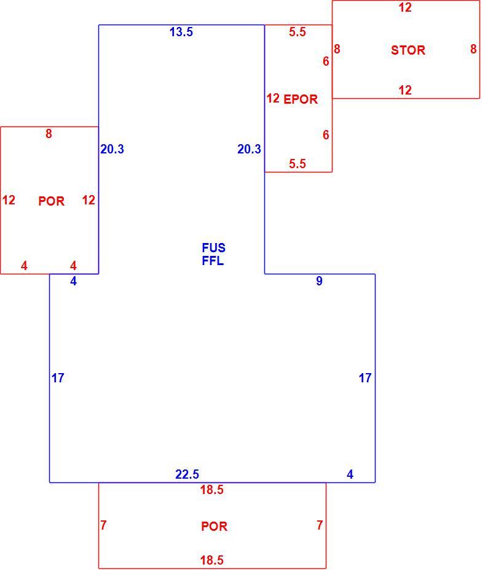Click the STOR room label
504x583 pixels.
click(408, 50)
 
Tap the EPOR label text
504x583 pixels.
click(301, 99)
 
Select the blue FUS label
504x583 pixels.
click(213, 248)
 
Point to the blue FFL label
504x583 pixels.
click(213, 261)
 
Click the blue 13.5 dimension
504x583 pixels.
click(181, 32)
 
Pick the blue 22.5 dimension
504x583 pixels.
click(187, 474)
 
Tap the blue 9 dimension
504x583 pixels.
click(319, 281)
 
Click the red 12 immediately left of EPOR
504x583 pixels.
click(273, 98)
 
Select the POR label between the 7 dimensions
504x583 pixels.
click(214, 527)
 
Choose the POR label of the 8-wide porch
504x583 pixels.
click(52, 201)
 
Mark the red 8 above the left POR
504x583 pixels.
click(49, 134)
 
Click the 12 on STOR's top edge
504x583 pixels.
click(405, 7)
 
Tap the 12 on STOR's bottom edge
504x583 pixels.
click(405, 90)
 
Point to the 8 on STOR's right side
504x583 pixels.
click(473, 48)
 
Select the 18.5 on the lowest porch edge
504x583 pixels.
click(212, 560)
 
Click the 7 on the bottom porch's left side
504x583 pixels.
click(103, 525)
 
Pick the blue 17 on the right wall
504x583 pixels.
click(365, 378)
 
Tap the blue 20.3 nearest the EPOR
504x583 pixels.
click(249, 149)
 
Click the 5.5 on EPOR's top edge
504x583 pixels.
click(297, 32)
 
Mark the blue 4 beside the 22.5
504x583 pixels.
click(350, 474)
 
